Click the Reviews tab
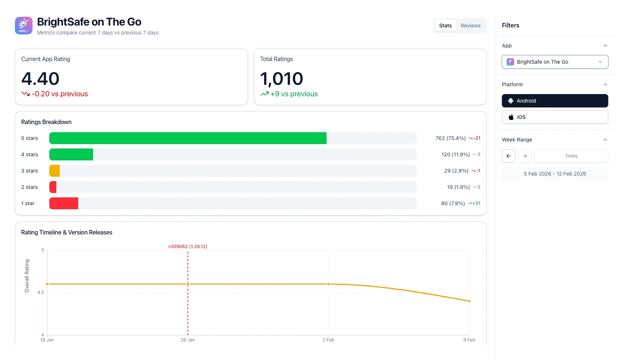pyautogui.click(x=470, y=26)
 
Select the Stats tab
pyautogui.click(x=445, y=26)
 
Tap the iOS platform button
pyautogui.click(x=554, y=117)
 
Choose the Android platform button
pyautogui.click(x=554, y=101)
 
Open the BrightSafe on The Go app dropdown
pyautogui.click(x=554, y=62)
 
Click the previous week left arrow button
pyautogui.click(x=509, y=156)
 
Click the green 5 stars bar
pyautogui.click(x=188, y=138)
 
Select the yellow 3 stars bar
pyautogui.click(x=54, y=171)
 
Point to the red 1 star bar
pyautogui.click(x=64, y=203)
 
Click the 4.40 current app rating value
pyautogui.click(x=40, y=79)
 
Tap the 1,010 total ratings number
pyautogui.click(x=281, y=79)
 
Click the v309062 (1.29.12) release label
pyautogui.click(x=188, y=247)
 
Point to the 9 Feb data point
pyautogui.click(x=469, y=301)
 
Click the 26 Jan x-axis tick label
pyautogui.click(x=188, y=340)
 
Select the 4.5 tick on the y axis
pyautogui.click(x=41, y=293)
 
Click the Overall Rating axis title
pyautogui.click(x=27, y=276)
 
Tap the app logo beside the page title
pyautogui.click(x=24, y=26)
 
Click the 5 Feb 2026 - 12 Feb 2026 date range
pyautogui.click(x=554, y=174)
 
